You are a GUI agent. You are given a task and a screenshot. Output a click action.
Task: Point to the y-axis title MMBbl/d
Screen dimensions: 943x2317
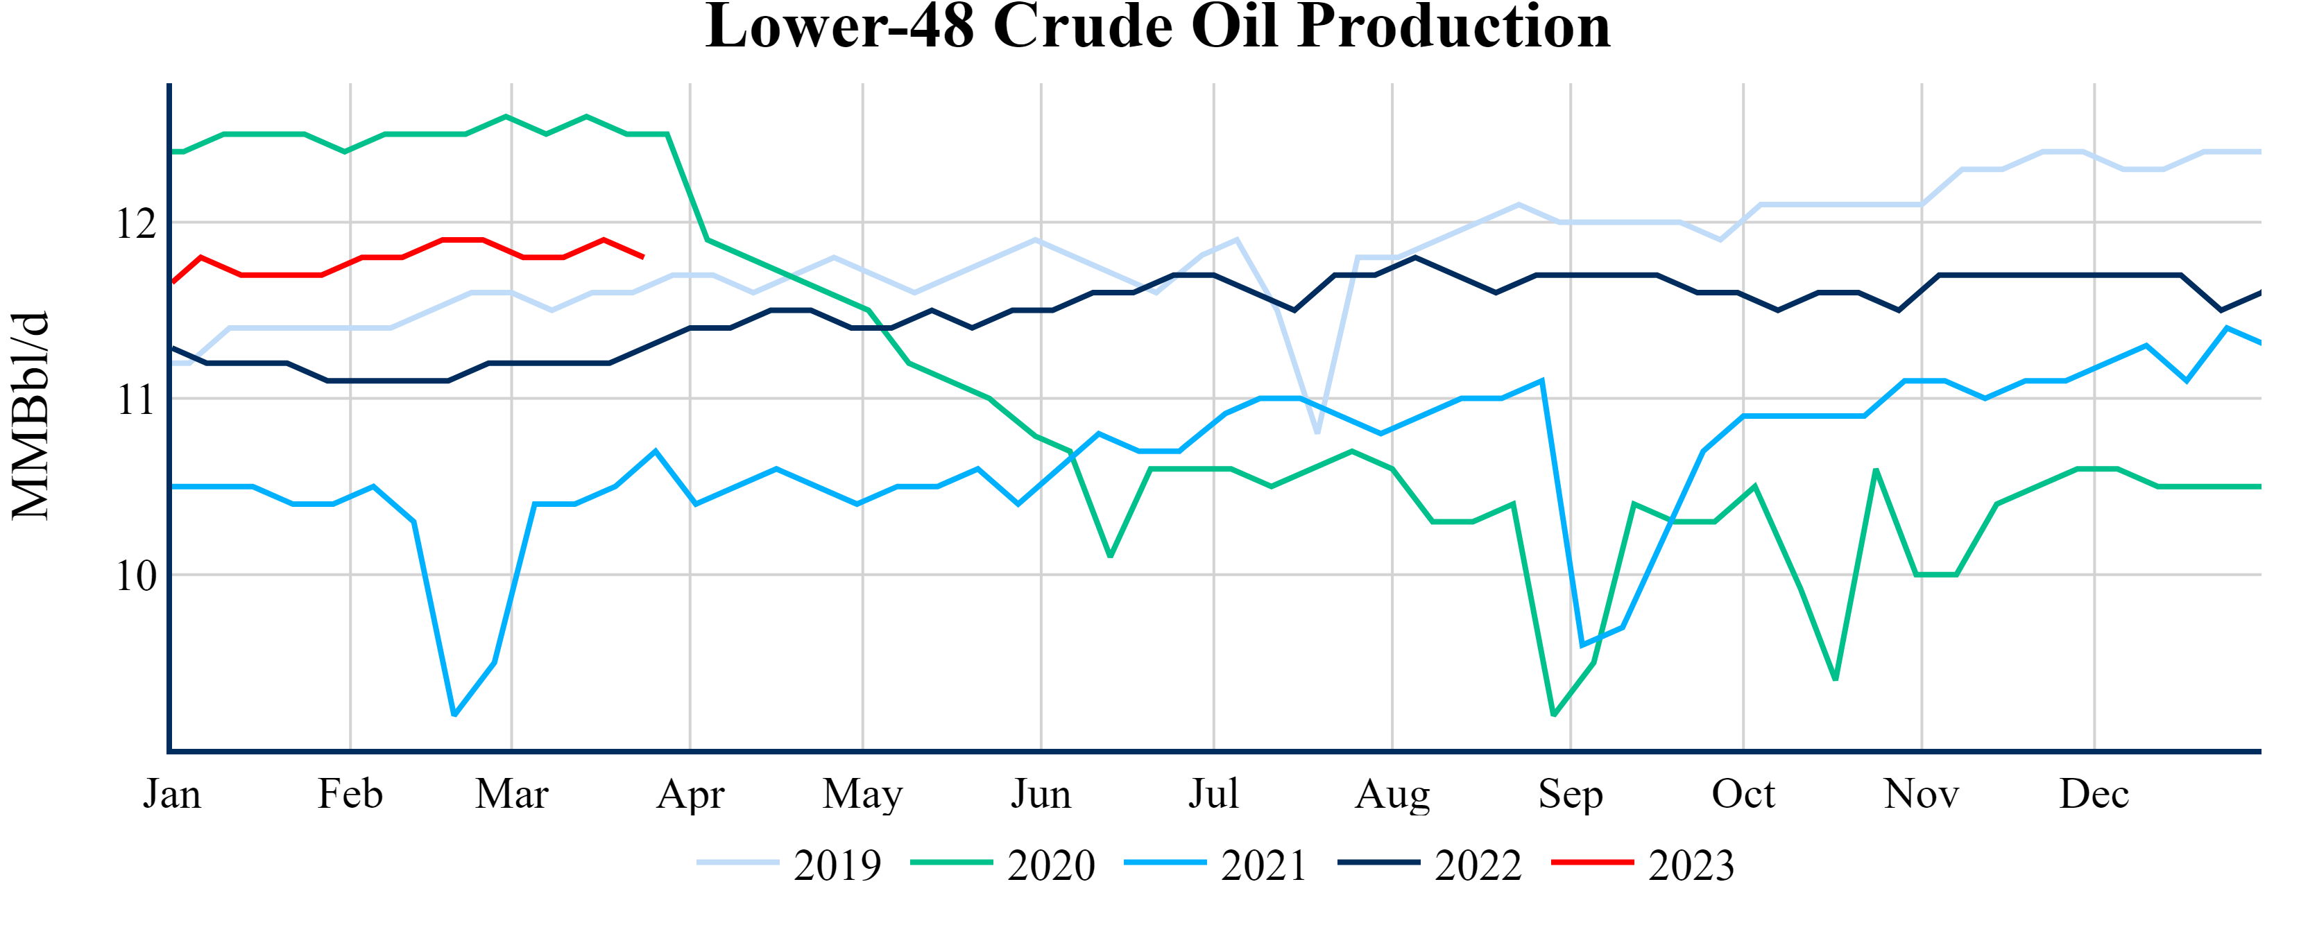(x=31, y=415)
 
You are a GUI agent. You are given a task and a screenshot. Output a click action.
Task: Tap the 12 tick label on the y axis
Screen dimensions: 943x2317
(x=136, y=223)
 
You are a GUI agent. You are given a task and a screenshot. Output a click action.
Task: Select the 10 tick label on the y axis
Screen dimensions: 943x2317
(x=136, y=576)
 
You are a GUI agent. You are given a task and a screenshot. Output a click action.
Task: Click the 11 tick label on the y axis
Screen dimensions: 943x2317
(x=136, y=399)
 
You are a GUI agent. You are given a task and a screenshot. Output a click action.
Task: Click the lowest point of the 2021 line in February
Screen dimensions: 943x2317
(x=454, y=715)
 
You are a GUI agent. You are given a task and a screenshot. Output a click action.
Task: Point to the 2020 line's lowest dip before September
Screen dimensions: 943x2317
(x=1553, y=715)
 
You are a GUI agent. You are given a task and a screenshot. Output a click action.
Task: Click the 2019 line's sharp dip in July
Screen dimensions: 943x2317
(x=1317, y=433)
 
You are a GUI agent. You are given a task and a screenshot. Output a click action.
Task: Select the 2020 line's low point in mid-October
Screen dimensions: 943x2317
(x=1835, y=680)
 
